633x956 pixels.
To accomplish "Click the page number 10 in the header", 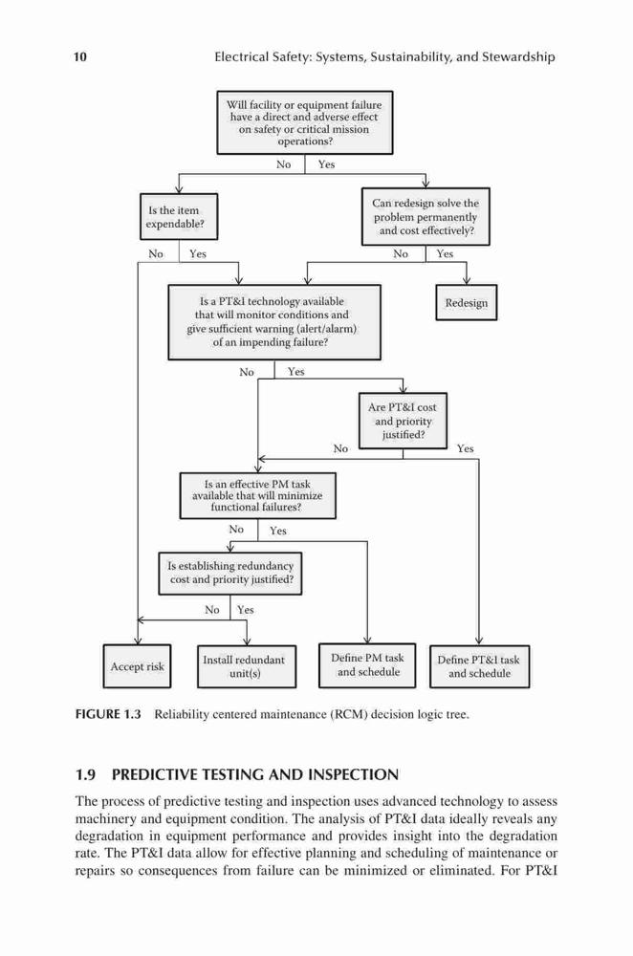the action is pyautogui.click(x=80, y=57).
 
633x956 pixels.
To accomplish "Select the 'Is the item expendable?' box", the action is pyautogui.click(x=179, y=216).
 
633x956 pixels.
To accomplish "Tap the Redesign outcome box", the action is pyautogui.click(x=467, y=302).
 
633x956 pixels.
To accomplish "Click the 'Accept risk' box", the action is pyautogui.click(x=137, y=666).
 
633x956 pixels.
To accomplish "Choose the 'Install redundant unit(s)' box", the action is pyautogui.click(x=247, y=666).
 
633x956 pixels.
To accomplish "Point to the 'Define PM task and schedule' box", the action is pyautogui.click(x=367, y=665).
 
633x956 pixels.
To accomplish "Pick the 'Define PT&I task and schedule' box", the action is pyautogui.click(x=479, y=666).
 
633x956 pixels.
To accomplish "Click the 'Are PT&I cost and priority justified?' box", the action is pyautogui.click(x=403, y=421).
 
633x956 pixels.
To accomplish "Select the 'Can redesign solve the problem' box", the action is pyautogui.click(x=426, y=216).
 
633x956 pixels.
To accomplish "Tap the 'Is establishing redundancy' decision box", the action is pyautogui.click(x=230, y=573).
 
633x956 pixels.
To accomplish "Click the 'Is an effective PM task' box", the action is pyautogui.click(x=257, y=495).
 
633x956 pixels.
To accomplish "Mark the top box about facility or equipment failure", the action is pyautogui.click(x=305, y=122).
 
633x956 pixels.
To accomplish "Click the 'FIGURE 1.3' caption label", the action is pyautogui.click(x=108, y=714).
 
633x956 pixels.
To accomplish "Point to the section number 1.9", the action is pyautogui.click(x=85, y=775).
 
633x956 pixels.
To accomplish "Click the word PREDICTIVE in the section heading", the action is pyautogui.click(x=157, y=775).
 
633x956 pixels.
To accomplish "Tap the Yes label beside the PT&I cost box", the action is pyautogui.click(x=466, y=448).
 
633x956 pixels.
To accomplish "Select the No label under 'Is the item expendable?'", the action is pyautogui.click(x=156, y=253).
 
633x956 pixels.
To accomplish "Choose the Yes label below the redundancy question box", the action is pyautogui.click(x=245, y=610).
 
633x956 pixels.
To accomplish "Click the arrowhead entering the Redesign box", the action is pyautogui.click(x=467, y=280).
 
